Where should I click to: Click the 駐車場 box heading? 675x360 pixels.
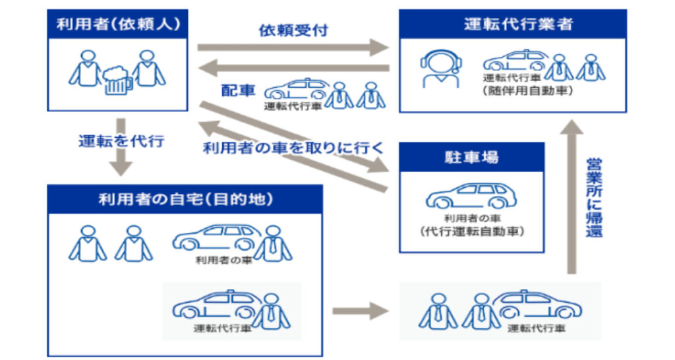[x=471, y=158]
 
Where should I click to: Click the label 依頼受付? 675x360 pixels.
[x=293, y=30]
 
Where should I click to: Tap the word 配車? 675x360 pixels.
[x=238, y=90]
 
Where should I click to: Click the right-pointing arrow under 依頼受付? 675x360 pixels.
[x=294, y=47]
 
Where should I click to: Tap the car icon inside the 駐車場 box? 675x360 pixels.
[x=471, y=196]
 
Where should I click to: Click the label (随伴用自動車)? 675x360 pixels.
[x=522, y=90]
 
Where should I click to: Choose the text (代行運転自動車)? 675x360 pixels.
[x=471, y=231]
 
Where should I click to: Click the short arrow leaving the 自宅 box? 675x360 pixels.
[x=361, y=309]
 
